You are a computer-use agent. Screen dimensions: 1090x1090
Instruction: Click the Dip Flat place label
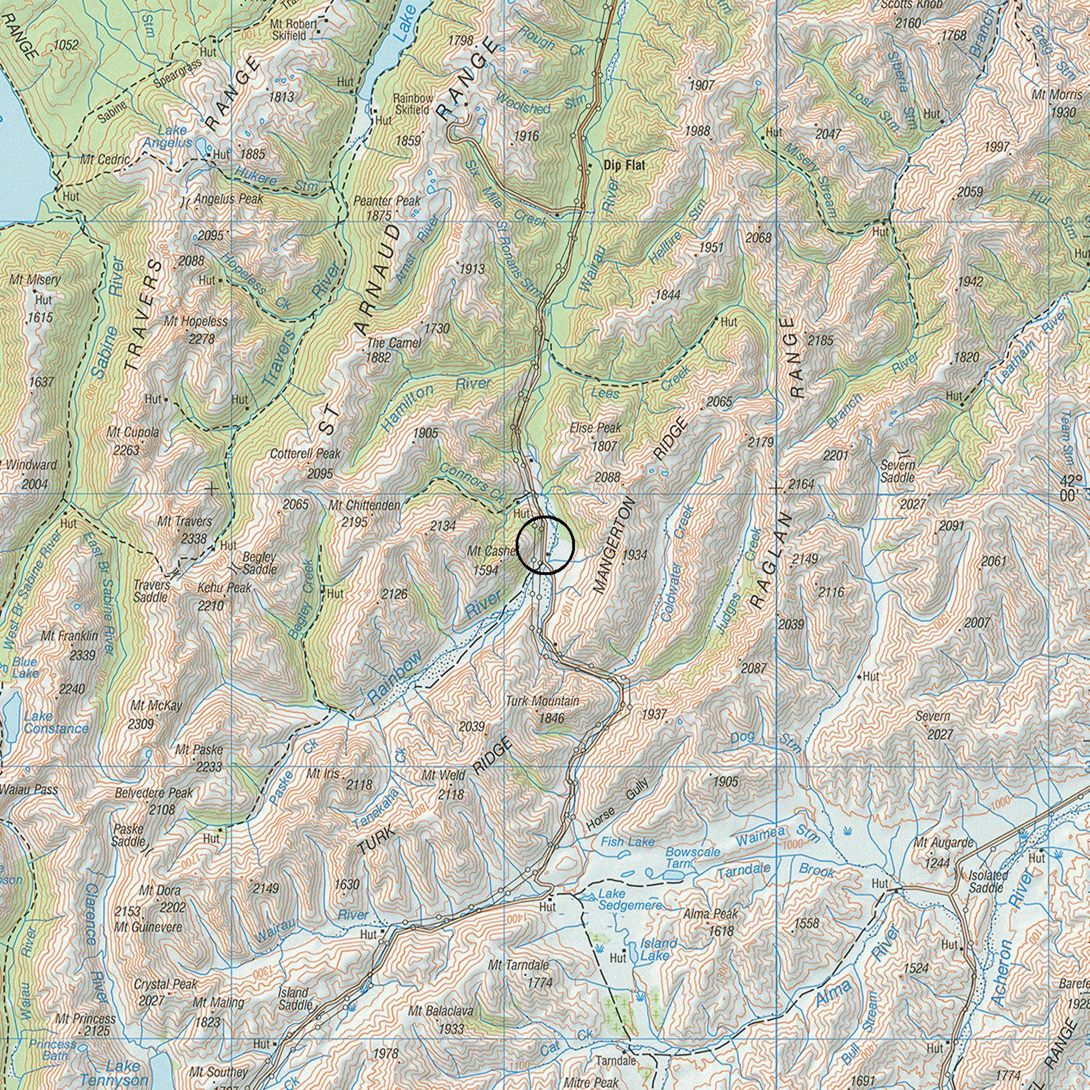[624, 165]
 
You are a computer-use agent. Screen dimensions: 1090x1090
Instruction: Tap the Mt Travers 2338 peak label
[185, 529]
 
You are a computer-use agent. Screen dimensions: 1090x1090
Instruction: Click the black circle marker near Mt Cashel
[545, 545]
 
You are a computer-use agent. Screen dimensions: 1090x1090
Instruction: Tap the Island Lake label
[658, 949]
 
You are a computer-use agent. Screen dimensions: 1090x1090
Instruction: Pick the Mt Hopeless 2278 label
[196, 329]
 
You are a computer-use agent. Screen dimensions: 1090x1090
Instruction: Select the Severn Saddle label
[897, 471]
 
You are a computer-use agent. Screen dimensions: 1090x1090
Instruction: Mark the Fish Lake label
[627, 843]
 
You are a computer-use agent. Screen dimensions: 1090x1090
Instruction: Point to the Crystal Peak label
[166, 984]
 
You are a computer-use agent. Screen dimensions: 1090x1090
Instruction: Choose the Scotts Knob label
[911, 5]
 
